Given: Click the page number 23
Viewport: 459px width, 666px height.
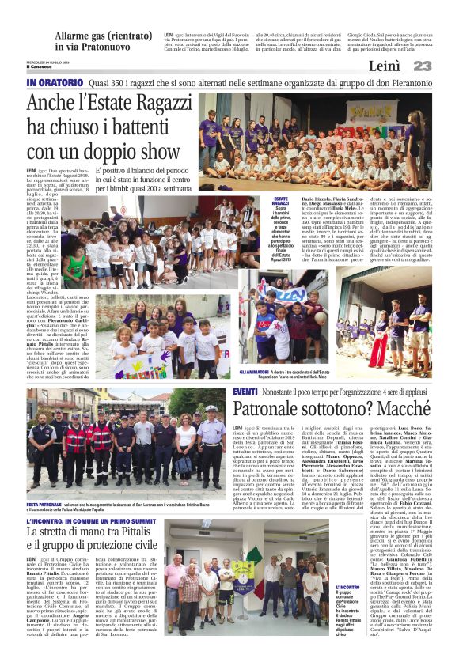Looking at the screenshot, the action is click(x=422, y=67).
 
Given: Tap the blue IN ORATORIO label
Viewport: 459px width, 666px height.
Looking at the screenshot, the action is click(x=55, y=83).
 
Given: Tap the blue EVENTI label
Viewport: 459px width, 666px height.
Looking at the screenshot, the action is click(x=245, y=392).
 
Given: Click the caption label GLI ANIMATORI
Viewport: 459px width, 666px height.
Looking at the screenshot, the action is click(x=251, y=371).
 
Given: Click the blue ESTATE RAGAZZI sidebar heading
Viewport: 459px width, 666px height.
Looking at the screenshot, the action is click(x=280, y=203).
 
